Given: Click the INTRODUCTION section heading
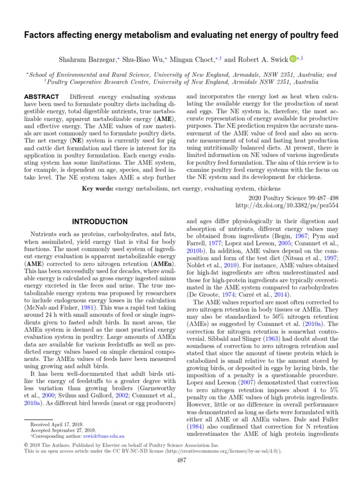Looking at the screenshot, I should point(99,221).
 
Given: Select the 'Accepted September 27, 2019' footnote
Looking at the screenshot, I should point(62,430).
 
